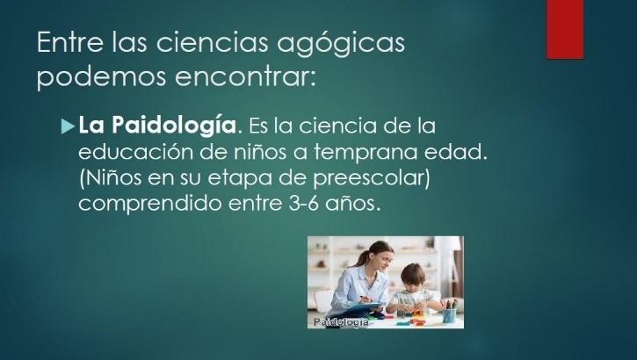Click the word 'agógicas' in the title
coord(340,43)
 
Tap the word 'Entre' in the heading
coord(70,42)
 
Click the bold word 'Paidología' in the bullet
coord(174,125)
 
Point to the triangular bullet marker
coord(68,126)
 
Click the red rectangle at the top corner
coord(565,29)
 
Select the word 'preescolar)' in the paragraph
coord(372,178)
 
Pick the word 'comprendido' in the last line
coord(150,204)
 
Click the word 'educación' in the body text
coord(135,152)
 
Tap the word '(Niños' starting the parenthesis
coord(110,177)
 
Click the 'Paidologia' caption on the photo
coord(341,322)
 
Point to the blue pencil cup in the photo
coord(449,315)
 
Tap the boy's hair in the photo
coord(412,273)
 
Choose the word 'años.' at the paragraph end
coord(352,203)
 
